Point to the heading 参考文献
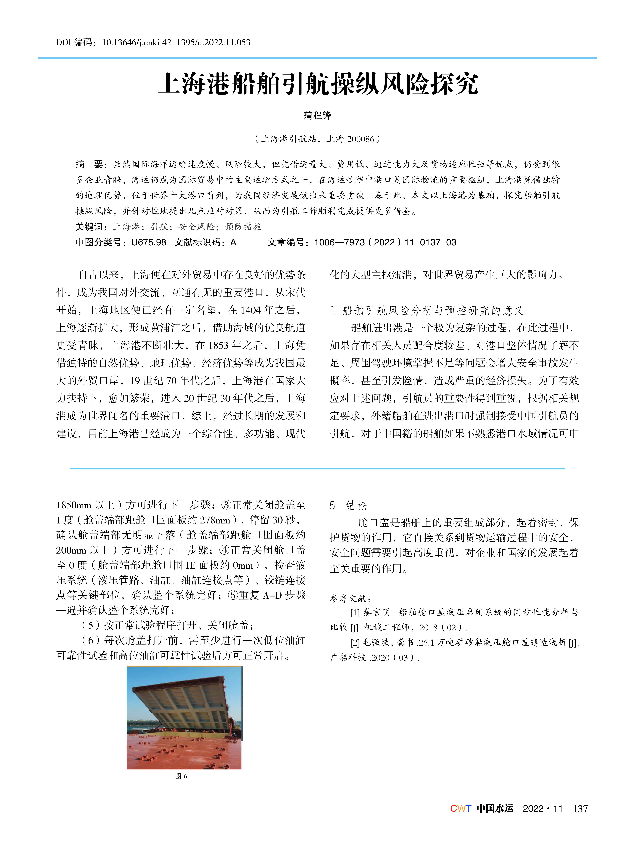point(350,599)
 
